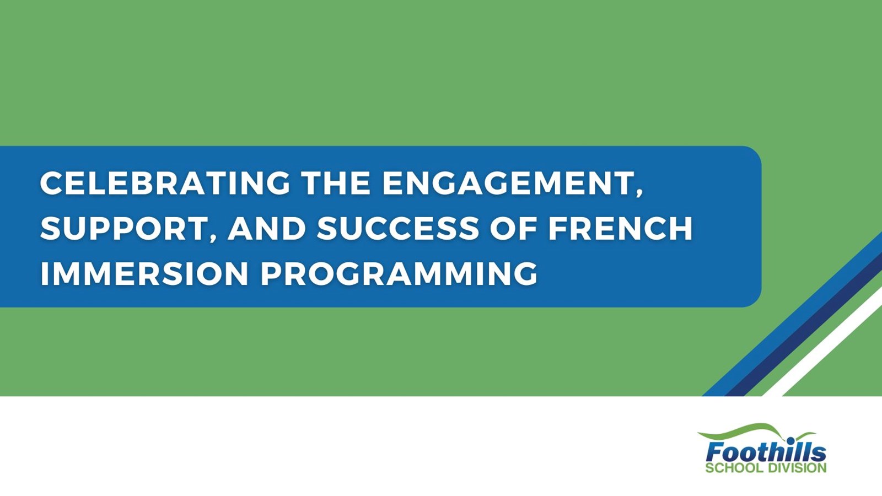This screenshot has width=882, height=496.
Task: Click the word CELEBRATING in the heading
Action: (x=165, y=183)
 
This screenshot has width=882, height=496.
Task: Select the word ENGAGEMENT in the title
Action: (x=508, y=183)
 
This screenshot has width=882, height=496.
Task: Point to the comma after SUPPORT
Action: (x=213, y=239)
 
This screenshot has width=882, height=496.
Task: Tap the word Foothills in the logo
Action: (x=766, y=451)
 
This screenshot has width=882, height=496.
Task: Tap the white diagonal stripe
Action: (x=822, y=347)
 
